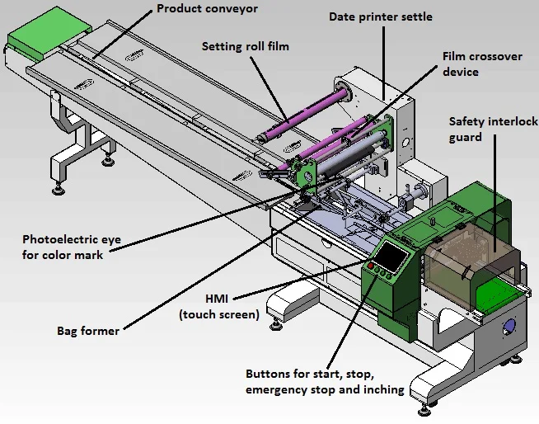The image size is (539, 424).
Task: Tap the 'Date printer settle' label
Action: [x=380, y=16]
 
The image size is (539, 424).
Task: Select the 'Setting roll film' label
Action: [x=246, y=47]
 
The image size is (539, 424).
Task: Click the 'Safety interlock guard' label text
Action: [x=493, y=130]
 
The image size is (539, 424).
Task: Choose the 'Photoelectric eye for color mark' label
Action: [x=71, y=247]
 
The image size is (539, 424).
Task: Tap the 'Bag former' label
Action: [x=88, y=331]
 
